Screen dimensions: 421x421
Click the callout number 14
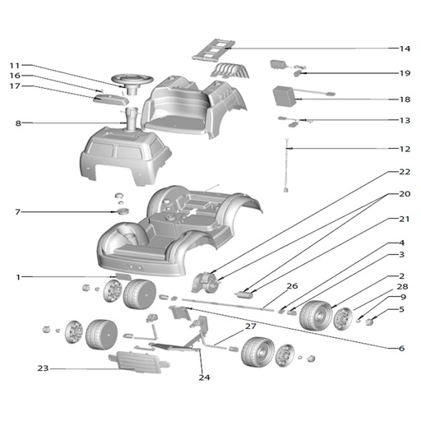(405, 49)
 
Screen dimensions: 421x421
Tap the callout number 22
(405, 172)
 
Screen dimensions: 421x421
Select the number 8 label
(18, 123)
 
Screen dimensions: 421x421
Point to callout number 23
(43, 368)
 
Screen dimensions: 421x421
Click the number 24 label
(204, 377)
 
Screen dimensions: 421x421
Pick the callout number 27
(250, 326)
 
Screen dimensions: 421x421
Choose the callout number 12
(405, 149)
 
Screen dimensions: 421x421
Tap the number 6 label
(401, 348)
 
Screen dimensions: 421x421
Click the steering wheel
(132, 80)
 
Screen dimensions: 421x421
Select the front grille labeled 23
(139, 362)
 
